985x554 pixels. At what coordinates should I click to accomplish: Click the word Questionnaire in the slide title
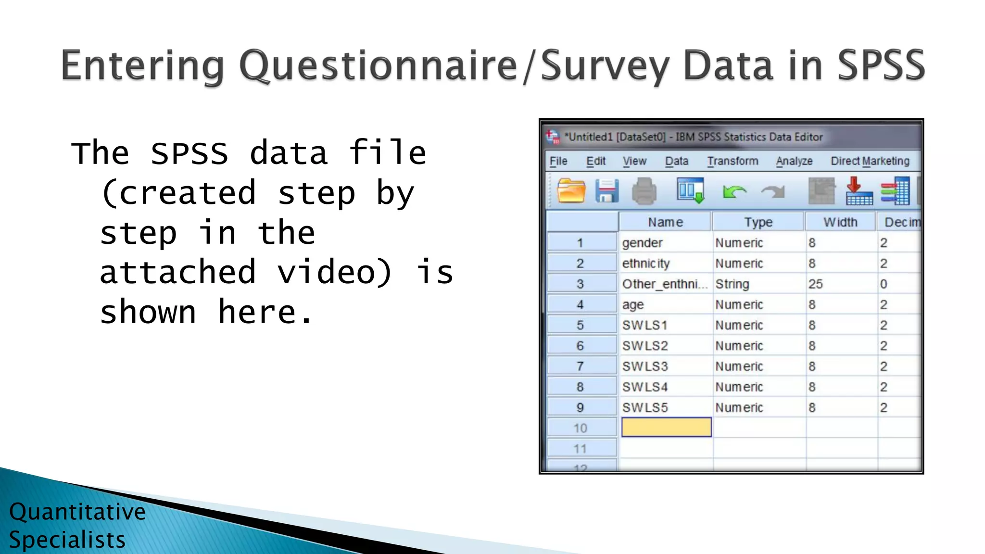(378, 66)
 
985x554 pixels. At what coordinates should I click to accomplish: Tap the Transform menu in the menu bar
(732, 161)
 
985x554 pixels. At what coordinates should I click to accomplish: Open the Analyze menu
(794, 161)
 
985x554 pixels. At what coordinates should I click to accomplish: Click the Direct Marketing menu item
(870, 161)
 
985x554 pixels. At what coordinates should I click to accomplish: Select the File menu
(558, 161)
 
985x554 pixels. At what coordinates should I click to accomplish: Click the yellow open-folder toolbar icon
(571, 191)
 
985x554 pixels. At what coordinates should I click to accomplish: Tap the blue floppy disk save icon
(606, 191)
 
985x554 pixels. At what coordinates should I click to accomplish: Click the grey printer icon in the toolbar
(644, 191)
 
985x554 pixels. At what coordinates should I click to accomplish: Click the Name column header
(665, 222)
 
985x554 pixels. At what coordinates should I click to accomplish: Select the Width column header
(840, 222)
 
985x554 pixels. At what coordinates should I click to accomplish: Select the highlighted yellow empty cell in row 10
(666, 428)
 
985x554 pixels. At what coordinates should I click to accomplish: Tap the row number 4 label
(581, 305)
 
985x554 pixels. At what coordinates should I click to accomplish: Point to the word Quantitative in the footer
(77, 512)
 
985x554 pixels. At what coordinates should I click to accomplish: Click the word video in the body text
(334, 272)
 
